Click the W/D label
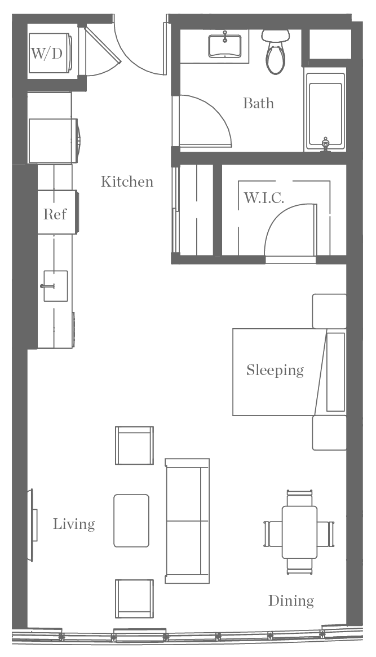coord(46,54)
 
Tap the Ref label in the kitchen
coord(55,214)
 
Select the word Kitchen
coord(127,182)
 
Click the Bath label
coord(258,103)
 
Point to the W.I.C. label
coord(263,198)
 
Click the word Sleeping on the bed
coord(275,370)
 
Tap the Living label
coord(74,524)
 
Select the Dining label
coord(290,601)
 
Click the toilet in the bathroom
coord(275,54)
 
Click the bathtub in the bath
coord(325,113)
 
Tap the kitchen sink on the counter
coord(55,286)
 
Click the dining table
coord(299,532)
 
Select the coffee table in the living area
coord(131,521)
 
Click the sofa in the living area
coord(187,521)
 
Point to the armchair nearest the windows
coord(134,598)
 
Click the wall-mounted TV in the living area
coord(32,524)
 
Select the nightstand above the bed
coord(329,310)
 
